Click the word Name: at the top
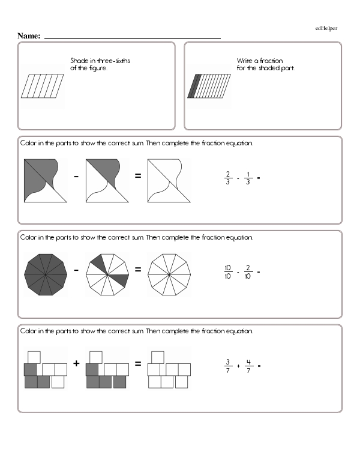pyautogui.click(x=29, y=36)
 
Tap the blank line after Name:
pyautogui.click(x=132, y=37)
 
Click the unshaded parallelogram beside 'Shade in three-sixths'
pyautogui.click(x=43, y=86)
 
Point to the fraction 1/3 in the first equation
pyautogui.click(x=248, y=178)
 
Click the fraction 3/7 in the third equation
pyautogui.click(x=228, y=366)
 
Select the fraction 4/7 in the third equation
pyautogui.click(x=248, y=366)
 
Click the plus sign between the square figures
pyautogui.click(x=76, y=363)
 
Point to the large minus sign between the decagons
pyautogui.click(x=76, y=270)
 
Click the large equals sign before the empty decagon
pyautogui.click(x=137, y=270)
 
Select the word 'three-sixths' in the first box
pyautogui.click(x=117, y=61)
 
